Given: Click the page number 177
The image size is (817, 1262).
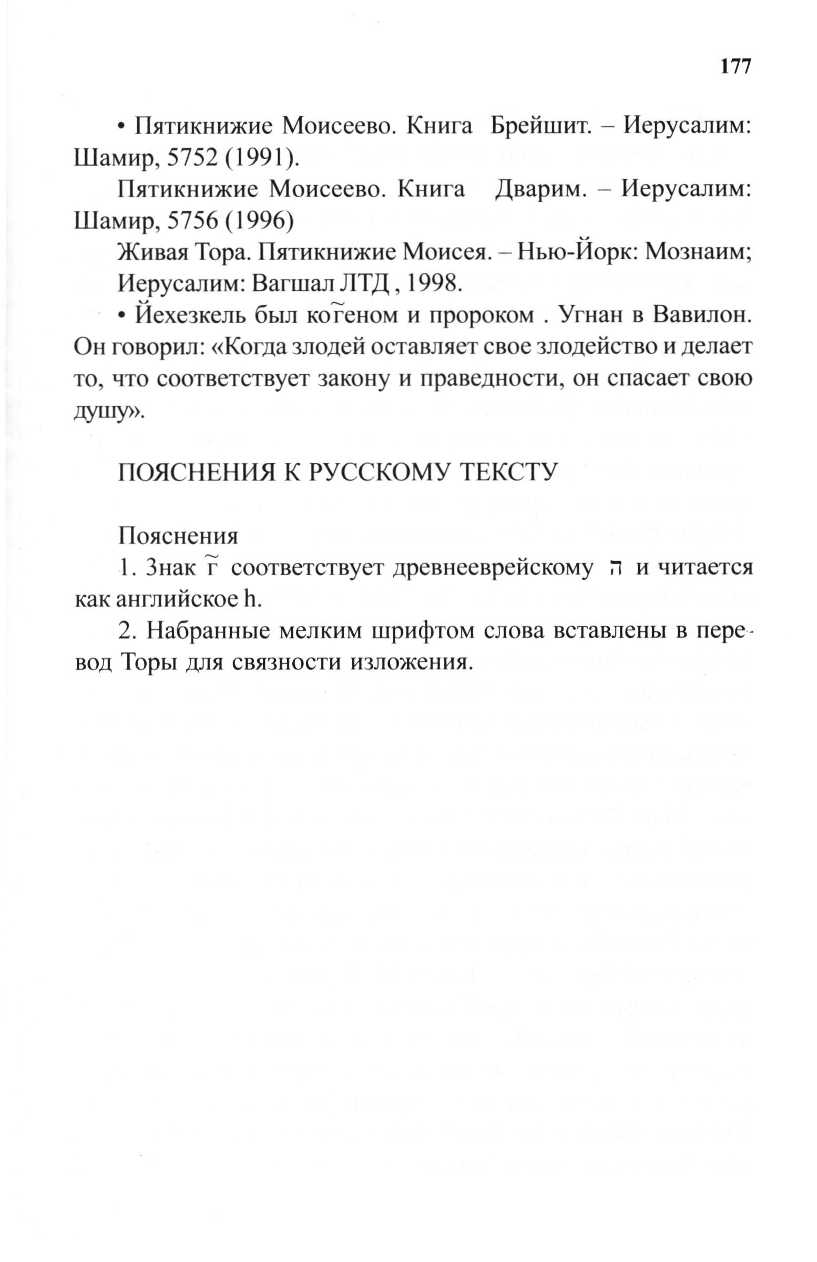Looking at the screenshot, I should (736, 66).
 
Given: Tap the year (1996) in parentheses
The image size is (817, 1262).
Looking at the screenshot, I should (258, 221).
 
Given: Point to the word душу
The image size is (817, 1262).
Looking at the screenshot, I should (108, 411).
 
